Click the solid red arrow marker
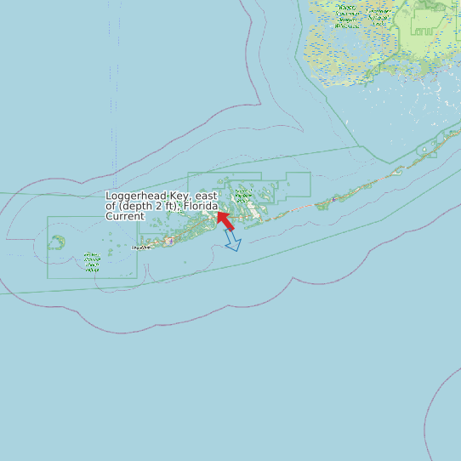pyautogui.click(x=226, y=220)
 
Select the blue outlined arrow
pyautogui.click(x=232, y=242)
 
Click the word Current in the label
pyautogui.click(x=125, y=217)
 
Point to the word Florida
pyautogui.click(x=199, y=207)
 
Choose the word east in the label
pyautogui.click(x=205, y=196)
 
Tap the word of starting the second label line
pyautogui.click(x=111, y=207)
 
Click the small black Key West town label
pyautogui.click(x=141, y=248)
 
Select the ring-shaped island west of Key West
pyautogui.click(x=57, y=242)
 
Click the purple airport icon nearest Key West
pyautogui.click(x=170, y=241)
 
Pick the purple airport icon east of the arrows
pyautogui.click(x=334, y=199)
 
